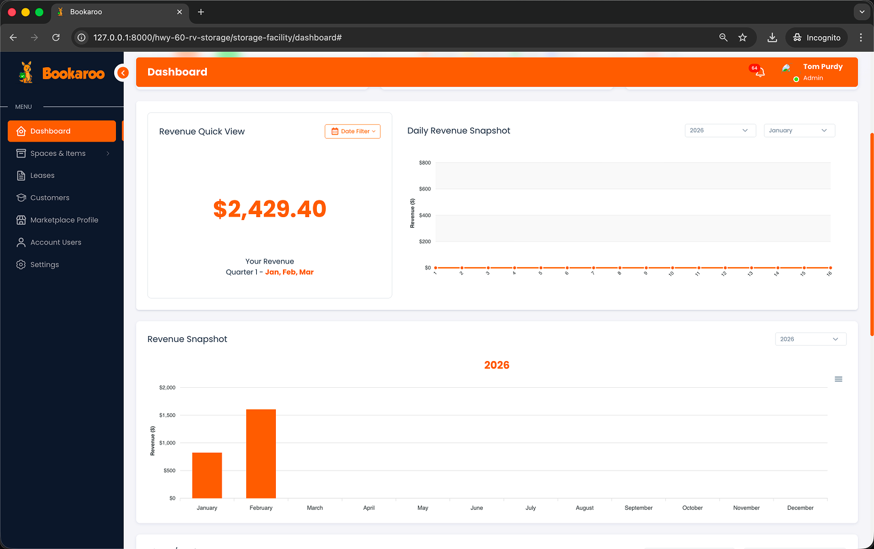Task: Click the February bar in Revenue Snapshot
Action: click(261, 453)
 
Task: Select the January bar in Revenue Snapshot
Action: click(207, 475)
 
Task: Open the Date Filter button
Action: click(353, 131)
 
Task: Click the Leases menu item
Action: click(42, 175)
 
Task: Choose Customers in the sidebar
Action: click(50, 197)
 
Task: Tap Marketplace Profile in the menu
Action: click(64, 220)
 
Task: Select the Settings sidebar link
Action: click(45, 265)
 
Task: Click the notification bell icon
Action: click(760, 73)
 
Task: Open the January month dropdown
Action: click(798, 130)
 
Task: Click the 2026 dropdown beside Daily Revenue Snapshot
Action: click(719, 130)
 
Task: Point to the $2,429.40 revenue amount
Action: click(269, 209)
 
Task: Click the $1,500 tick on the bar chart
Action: click(167, 415)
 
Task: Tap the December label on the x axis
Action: click(800, 508)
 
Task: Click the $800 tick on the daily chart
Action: click(425, 163)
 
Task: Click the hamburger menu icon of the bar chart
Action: click(838, 379)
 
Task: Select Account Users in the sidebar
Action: click(56, 242)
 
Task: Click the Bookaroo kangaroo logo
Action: click(26, 73)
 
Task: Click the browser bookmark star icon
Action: click(743, 37)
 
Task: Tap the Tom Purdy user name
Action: click(822, 67)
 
